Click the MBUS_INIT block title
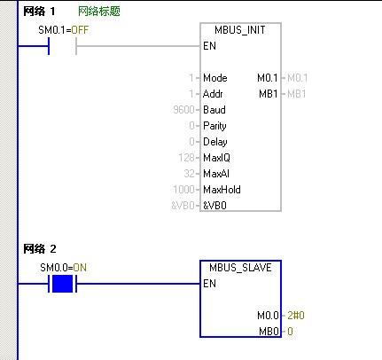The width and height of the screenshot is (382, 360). pyautogui.click(x=240, y=30)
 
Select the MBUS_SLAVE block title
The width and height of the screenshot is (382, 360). pyautogui.click(x=240, y=268)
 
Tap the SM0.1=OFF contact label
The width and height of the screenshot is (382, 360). pyautogui.click(x=64, y=30)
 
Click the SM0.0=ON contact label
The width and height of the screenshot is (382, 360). pyautogui.click(x=64, y=268)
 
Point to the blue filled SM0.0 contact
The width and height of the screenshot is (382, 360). pyautogui.click(x=62, y=284)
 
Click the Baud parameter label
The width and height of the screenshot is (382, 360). pyautogui.click(x=214, y=110)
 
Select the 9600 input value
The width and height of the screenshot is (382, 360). pyautogui.click(x=183, y=110)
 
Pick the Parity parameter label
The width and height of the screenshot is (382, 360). pyautogui.click(x=214, y=126)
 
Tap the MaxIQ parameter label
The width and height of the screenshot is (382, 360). pyautogui.click(x=216, y=158)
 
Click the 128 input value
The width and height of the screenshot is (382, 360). pyautogui.click(x=186, y=158)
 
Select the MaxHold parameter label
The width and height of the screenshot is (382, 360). pyautogui.click(x=222, y=190)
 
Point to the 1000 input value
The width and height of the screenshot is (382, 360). pyautogui.click(x=183, y=190)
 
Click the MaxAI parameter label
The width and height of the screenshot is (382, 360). pyautogui.click(x=216, y=174)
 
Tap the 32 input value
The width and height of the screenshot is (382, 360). pyautogui.click(x=189, y=174)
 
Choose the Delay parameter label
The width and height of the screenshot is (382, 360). pyautogui.click(x=215, y=142)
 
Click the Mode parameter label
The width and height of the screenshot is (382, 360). pyautogui.click(x=215, y=78)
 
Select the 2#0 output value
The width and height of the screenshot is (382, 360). pyautogui.click(x=296, y=316)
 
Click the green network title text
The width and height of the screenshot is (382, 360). pyautogui.click(x=99, y=12)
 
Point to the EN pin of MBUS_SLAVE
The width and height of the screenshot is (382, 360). pyautogui.click(x=209, y=284)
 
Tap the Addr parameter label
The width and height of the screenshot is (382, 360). pyautogui.click(x=213, y=94)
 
